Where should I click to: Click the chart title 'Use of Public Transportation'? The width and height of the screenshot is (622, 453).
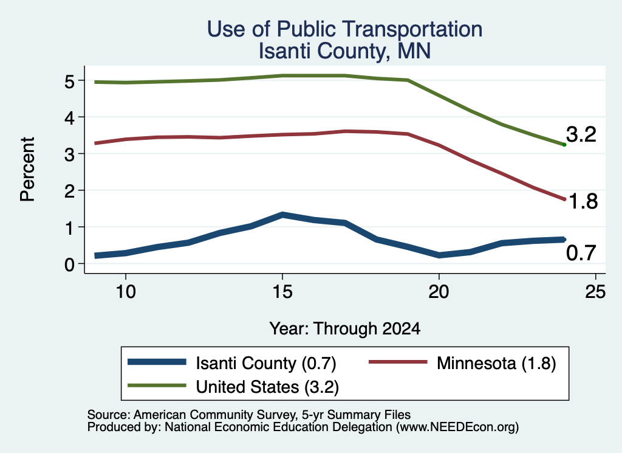point(345,29)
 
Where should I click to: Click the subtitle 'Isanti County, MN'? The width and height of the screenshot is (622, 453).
point(345,51)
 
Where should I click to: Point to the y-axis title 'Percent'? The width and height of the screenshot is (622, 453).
point(27,169)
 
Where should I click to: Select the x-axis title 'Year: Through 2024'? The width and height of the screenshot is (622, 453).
point(345,329)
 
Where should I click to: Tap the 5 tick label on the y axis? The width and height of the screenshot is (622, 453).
point(69,81)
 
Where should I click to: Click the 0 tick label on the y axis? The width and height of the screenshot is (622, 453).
point(69,265)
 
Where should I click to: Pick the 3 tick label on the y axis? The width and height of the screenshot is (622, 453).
point(69,154)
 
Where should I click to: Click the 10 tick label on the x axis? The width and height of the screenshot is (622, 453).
point(126,292)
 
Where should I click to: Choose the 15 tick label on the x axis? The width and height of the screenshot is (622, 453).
point(282,292)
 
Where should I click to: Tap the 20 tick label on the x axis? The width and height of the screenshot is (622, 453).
point(439,292)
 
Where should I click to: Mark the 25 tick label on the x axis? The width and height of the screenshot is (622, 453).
point(595,292)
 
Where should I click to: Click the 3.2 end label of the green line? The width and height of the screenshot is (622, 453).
point(581,134)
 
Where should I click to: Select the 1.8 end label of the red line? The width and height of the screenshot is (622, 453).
point(583,201)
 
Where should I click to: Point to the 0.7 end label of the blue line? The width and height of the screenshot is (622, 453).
point(581,253)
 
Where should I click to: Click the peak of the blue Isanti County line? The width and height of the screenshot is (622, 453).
point(282,215)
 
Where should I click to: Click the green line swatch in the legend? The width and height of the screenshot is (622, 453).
point(157,386)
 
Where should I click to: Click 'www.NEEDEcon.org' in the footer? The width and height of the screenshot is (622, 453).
point(457,427)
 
